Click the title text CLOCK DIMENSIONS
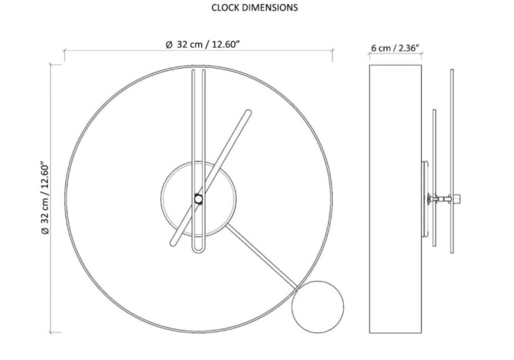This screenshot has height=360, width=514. (x=255, y=7)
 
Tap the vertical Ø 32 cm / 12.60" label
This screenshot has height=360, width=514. (x=45, y=197)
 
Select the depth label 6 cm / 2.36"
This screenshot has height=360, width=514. (x=395, y=48)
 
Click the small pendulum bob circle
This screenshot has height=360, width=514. (x=317, y=307)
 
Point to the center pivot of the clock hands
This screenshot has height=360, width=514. (x=199, y=199)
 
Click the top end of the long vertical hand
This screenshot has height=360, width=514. (x=199, y=70)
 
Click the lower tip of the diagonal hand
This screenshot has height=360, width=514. (x=173, y=243)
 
